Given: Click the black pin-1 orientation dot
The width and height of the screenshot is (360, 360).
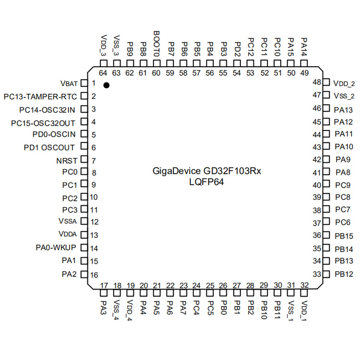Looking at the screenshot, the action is click(x=107, y=85).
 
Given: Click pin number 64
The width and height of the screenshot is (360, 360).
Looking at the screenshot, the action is click(x=103, y=73).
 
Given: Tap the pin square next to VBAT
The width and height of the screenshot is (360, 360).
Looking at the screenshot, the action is click(x=84, y=83).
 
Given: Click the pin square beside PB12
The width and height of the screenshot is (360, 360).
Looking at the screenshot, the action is click(x=326, y=275).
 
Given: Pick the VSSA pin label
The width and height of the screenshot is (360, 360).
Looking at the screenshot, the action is click(x=67, y=221).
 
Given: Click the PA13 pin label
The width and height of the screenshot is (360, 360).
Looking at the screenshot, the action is click(x=343, y=109).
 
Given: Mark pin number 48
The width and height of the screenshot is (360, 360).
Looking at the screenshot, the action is click(x=317, y=82).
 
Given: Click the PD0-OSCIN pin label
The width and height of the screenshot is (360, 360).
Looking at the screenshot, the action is click(x=52, y=134).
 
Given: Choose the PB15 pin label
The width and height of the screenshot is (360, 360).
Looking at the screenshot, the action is click(x=344, y=236).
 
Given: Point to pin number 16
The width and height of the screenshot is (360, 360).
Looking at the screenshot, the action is click(x=94, y=275).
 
